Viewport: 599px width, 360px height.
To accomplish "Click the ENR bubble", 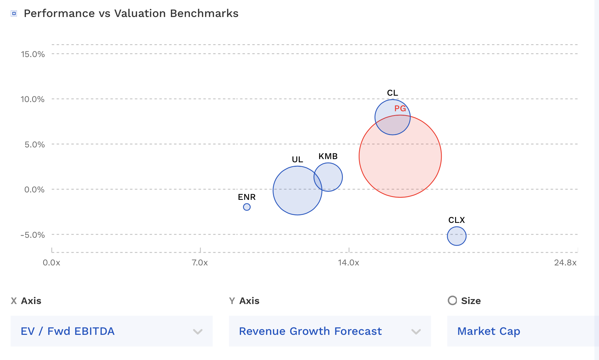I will tap(247, 207).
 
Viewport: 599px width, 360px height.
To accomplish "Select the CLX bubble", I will tap(457, 236).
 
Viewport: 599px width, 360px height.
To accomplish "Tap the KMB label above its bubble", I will tap(328, 156).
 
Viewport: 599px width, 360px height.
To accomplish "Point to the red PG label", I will tap(400, 108).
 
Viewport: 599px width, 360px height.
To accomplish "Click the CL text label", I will tap(392, 93).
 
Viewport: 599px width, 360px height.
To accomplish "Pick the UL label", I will tap(297, 159).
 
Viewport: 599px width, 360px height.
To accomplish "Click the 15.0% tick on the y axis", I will tap(33, 54).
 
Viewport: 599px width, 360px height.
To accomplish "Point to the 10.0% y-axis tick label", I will tap(33, 99).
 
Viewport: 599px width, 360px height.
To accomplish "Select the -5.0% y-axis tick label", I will tap(33, 235).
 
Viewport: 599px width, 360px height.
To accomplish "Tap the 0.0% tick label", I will tap(34, 190).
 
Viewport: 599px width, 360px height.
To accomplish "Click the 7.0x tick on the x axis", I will tap(200, 263).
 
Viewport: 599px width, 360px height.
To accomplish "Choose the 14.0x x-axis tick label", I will tap(348, 263).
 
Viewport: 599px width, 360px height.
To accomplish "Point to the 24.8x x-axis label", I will tap(565, 263).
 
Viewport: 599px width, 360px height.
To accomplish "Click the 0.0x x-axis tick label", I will tap(51, 263).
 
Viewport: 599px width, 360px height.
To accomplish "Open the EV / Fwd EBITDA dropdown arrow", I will tap(198, 332).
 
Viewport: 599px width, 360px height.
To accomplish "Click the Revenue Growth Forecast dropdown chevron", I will tap(416, 332).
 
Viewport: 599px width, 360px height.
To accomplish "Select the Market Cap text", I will tap(488, 331).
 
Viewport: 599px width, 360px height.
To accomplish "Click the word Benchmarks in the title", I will tap(204, 13).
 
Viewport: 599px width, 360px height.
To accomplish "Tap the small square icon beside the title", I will tap(14, 13).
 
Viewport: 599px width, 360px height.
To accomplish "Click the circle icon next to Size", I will tap(452, 300).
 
